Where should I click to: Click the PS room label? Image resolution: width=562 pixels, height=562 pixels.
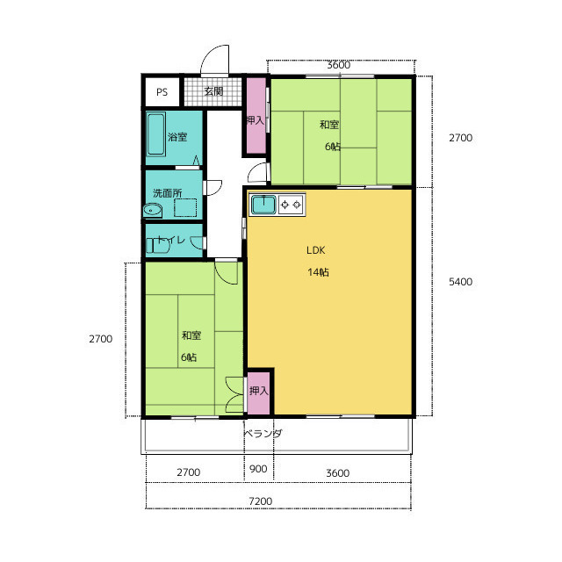tap(162, 92)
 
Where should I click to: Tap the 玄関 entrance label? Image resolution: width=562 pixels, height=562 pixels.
tap(213, 91)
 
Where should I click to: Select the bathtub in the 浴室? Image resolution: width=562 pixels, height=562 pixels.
tap(156, 133)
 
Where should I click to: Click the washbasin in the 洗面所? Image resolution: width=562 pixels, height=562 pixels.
tap(153, 211)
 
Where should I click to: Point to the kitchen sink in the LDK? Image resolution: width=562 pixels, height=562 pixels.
tap(263, 205)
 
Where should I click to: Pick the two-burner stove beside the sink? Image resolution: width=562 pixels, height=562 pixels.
tap(291, 205)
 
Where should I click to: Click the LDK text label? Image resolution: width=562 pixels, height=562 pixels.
tap(316, 250)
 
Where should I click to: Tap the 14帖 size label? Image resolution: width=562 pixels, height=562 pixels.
tap(318, 272)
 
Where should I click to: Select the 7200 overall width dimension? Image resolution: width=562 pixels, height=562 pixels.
tap(261, 501)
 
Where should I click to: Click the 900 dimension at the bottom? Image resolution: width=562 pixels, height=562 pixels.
tap(258, 469)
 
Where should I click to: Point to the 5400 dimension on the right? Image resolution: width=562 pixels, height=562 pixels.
tap(460, 282)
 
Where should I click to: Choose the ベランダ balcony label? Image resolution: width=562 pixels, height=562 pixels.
tap(263, 433)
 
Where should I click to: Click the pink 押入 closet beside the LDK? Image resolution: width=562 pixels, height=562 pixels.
tap(258, 393)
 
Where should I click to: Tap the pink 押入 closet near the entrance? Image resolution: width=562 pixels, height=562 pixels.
tap(256, 116)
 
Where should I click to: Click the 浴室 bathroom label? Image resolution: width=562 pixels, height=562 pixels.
tap(177, 137)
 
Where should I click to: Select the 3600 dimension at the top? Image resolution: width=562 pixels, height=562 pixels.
tap(338, 65)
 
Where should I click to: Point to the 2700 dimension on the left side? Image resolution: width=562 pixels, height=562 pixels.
tap(101, 339)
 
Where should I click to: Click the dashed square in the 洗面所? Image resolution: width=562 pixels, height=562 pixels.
tap(185, 207)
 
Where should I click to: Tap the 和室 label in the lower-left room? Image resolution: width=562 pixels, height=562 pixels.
tap(191, 335)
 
